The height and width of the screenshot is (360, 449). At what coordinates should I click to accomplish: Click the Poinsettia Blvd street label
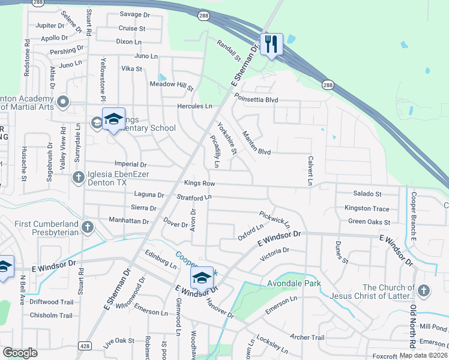[256, 98]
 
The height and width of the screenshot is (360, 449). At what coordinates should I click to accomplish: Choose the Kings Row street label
[199, 182]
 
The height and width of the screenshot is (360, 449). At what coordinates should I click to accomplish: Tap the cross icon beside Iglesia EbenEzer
[78, 177]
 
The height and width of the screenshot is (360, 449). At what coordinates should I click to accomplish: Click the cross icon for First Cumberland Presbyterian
[88, 227]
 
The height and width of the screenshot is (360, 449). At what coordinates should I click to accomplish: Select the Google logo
[20, 353]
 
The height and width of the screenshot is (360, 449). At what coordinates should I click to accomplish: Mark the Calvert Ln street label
[310, 171]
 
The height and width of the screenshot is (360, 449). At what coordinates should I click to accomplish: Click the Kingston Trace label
[366, 208]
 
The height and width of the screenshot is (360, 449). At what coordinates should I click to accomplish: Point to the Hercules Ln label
[194, 106]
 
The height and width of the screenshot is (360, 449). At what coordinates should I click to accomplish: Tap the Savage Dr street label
[134, 14]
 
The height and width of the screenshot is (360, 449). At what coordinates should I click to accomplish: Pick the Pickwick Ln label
[274, 218]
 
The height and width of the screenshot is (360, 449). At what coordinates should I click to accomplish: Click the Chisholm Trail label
[51, 316]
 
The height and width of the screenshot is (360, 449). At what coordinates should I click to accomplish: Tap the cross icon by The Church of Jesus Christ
[424, 291]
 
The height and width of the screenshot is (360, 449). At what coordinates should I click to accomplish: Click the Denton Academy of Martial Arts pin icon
[64, 101]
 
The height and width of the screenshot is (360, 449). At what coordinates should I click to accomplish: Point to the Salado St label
[367, 194]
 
